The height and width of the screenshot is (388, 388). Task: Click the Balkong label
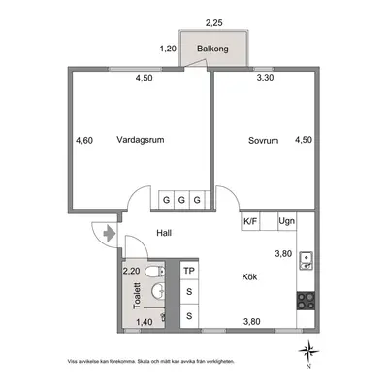(212, 48)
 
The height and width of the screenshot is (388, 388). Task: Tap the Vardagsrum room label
(141, 140)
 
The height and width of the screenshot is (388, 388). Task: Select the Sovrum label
(263, 141)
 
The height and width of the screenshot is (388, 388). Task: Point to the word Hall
(164, 233)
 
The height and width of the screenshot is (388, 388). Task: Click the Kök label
(249, 276)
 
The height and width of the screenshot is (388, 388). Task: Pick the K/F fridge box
(250, 221)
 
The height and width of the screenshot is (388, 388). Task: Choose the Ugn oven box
(287, 221)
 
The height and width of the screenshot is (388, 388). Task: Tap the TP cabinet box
(189, 271)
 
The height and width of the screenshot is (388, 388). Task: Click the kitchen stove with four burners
(306, 301)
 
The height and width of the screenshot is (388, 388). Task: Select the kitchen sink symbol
(306, 261)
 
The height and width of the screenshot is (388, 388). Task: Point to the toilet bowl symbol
(155, 272)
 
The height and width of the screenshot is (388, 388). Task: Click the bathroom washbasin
(158, 290)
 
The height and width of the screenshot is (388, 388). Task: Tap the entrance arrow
(110, 234)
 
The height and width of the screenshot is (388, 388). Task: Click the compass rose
(308, 351)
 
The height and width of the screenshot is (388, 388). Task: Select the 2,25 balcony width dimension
(214, 23)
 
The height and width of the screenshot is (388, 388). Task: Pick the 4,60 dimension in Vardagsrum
(84, 141)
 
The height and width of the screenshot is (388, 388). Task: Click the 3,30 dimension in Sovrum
(265, 78)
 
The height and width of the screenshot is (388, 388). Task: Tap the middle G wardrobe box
(181, 200)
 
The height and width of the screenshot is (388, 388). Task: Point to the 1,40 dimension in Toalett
(144, 322)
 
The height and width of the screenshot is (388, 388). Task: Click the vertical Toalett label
(137, 296)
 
